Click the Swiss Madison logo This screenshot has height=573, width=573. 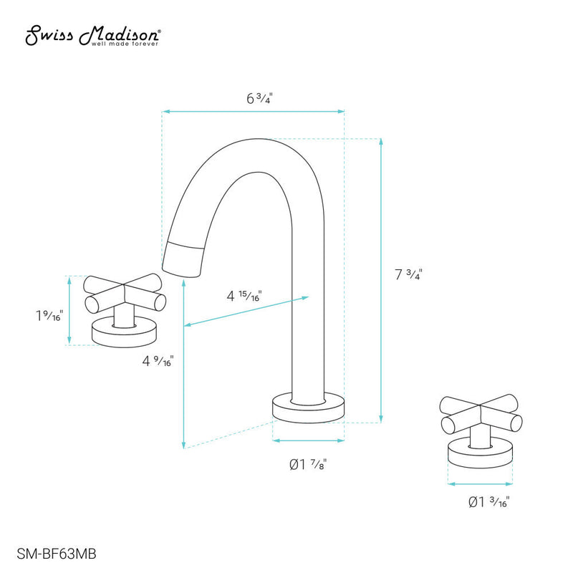(x=93, y=34)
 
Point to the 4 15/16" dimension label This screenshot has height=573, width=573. (x=244, y=295)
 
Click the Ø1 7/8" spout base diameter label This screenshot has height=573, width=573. (x=309, y=464)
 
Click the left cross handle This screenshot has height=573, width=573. (x=125, y=294)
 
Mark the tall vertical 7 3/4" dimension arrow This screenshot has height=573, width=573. (x=380, y=279)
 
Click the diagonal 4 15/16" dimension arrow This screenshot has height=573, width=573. (x=247, y=311)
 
